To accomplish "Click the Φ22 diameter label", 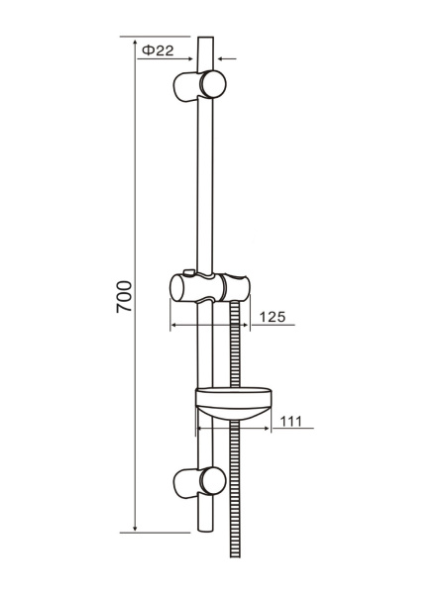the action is click(158, 50).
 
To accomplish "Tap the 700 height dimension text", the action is click(124, 297).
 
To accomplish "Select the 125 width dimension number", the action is click(273, 317).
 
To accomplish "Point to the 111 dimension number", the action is click(290, 421).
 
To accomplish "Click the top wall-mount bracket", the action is click(199, 85).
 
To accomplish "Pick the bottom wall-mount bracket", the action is click(199, 482).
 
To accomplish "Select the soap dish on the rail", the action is click(234, 403).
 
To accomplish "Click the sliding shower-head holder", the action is click(210, 287).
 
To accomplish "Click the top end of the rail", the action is click(205, 38).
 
